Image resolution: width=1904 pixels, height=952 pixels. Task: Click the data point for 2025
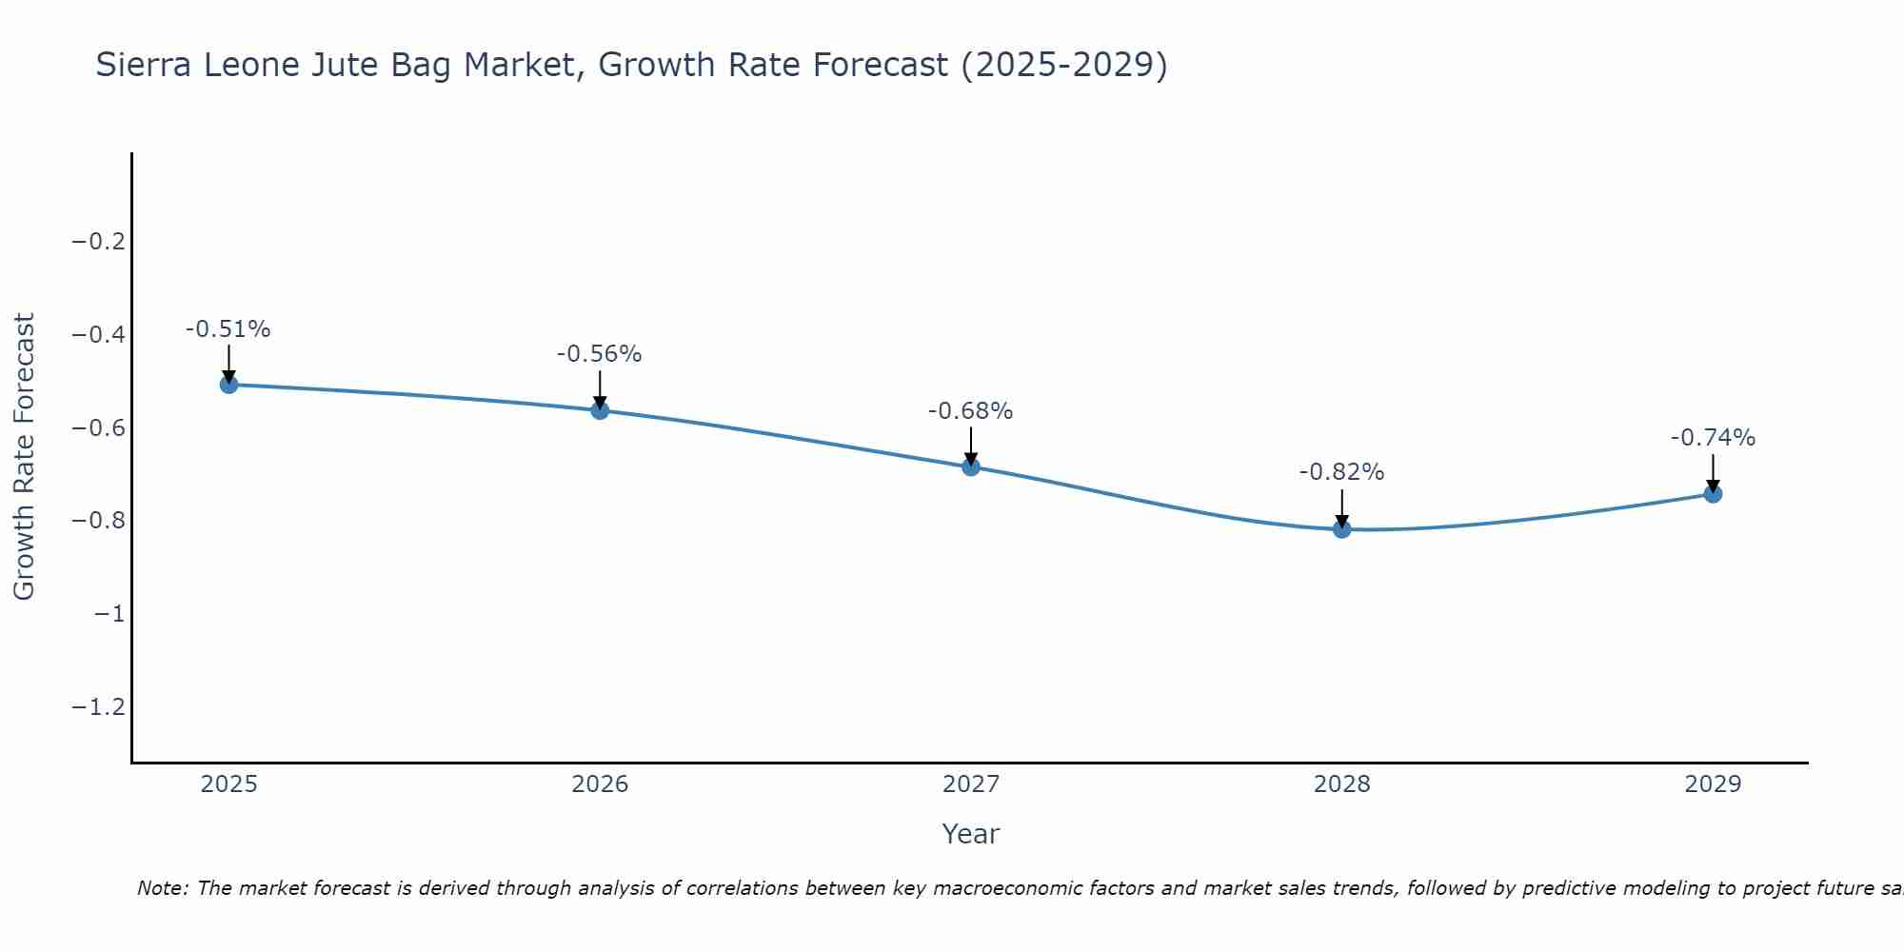tap(228, 385)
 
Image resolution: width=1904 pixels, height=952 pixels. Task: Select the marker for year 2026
tap(600, 410)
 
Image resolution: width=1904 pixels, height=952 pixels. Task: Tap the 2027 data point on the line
tap(971, 466)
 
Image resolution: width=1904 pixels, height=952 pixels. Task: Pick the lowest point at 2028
tap(1342, 529)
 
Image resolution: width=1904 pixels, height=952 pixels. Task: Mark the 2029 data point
tap(1713, 494)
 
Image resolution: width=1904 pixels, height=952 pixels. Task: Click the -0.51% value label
tap(228, 329)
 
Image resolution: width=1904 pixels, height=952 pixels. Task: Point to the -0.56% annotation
tap(599, 354)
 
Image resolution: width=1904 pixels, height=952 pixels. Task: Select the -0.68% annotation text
tap(970, 411)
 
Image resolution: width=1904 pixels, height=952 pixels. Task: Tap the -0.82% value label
tap(1341, 472)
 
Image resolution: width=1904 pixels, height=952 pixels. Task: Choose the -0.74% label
tap(1713, 438)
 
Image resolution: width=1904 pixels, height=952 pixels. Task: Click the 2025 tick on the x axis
tap(229, 784)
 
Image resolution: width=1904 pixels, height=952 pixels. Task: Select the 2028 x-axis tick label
tap(1342, 784)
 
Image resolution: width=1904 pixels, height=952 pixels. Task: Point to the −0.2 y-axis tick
tap(99, 242)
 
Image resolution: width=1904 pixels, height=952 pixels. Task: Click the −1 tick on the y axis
tap(109, 614)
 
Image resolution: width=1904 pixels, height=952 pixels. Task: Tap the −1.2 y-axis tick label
tap(99, 707)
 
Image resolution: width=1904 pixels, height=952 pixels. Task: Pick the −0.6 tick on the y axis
tap(99, 428)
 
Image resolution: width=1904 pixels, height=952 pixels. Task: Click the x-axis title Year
tap(970, 834)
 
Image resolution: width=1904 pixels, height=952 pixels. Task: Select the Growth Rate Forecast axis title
tap(24, 457)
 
